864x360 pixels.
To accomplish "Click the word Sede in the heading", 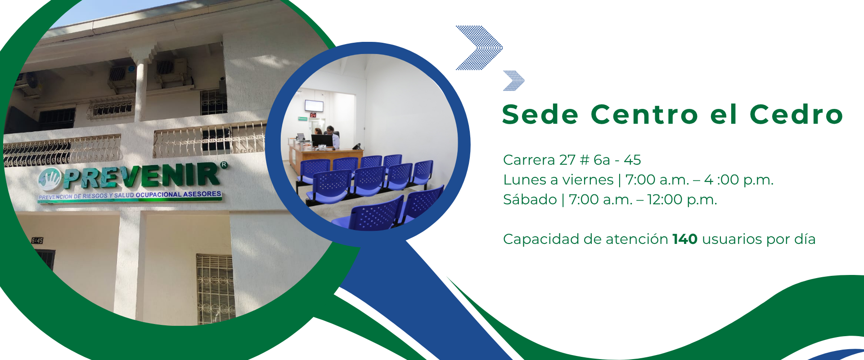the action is [540, 114].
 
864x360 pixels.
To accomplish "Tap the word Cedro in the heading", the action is [796, 114].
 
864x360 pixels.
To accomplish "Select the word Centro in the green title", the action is [644, 114].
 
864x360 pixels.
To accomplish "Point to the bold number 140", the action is [685, 239].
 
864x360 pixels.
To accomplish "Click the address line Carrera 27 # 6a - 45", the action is [572, 160].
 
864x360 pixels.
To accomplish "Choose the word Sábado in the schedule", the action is [530, 199].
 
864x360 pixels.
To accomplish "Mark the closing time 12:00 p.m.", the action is [682, 199].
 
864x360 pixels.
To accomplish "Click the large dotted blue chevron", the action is [479, 48].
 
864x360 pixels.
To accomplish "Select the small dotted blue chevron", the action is [514, 81].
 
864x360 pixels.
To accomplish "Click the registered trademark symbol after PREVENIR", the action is [224, 165].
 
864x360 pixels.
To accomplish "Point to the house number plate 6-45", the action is [37, 241].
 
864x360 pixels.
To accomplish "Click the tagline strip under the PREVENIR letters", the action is [130, 196].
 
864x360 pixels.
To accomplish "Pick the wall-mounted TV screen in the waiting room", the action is [314, 106].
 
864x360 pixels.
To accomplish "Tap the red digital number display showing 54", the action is [313, 115].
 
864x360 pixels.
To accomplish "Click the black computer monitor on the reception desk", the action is [322, 141].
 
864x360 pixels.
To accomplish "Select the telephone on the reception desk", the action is [357, 146].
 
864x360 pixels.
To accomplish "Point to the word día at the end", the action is [805, 239].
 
